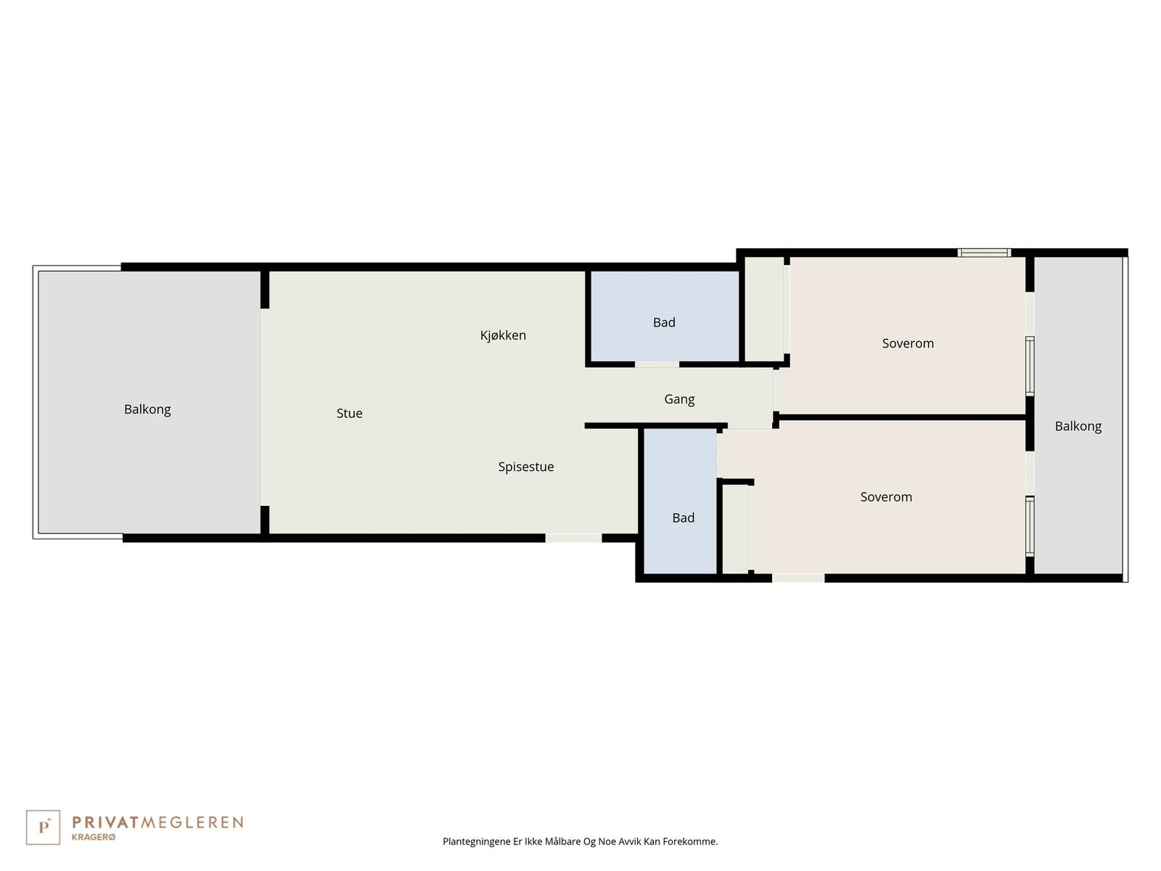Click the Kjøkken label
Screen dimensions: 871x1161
click(503, 335)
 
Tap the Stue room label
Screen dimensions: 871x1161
click(349, 413)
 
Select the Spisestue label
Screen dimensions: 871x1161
click(525, 467)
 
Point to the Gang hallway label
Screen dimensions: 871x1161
click(679, 399)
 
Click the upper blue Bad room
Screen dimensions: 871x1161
click(664, 316)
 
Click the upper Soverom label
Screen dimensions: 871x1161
click(907, 343)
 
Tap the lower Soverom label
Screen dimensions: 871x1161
click(885, 497)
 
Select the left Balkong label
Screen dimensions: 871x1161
click(147, 409)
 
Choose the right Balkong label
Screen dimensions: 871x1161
click(1078, 426)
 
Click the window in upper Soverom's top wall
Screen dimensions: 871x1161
click(984, 253)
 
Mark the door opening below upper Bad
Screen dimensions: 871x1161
click(657, 364)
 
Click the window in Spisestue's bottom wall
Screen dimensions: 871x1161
click(573, 538)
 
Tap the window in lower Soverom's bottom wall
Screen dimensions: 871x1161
click(798, 578)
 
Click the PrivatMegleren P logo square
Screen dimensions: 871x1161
click(44, 827)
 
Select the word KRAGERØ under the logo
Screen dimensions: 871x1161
click(93, 837)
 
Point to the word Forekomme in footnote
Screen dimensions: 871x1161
click(689, 842)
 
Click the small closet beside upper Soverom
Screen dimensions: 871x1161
click(764, 308)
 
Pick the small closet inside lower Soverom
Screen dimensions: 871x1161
click(735, 528)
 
